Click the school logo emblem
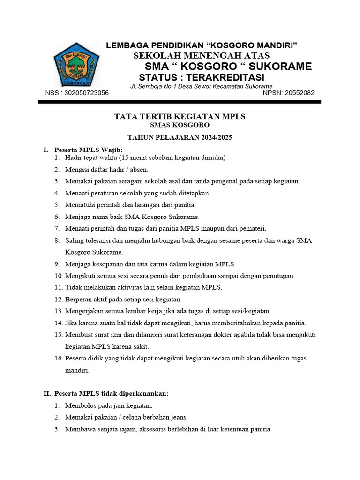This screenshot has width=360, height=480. (76, 64)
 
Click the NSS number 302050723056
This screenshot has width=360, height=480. (87, 93)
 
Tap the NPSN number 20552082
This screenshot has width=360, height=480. (296, 93)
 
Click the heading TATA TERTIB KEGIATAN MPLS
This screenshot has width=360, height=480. (180, 116)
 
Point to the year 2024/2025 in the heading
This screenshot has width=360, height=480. (216, 137)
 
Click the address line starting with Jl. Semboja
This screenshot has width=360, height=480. (201, 87)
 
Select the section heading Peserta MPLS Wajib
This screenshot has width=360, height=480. (89, 150)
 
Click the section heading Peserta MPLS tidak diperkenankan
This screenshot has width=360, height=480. (111, 393)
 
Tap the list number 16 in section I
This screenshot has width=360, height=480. (58, 358)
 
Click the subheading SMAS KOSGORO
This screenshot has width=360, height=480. (180, 125)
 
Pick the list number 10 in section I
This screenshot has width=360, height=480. (58, 276)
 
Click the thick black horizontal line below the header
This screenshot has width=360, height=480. (180, 101)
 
